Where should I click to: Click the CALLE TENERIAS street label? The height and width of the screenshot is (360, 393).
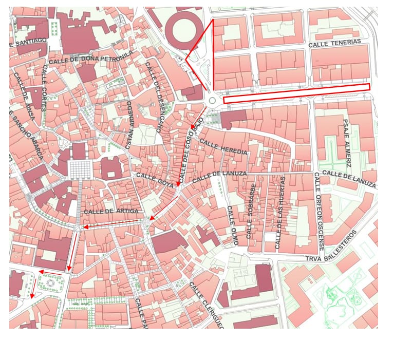click(334, 44)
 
